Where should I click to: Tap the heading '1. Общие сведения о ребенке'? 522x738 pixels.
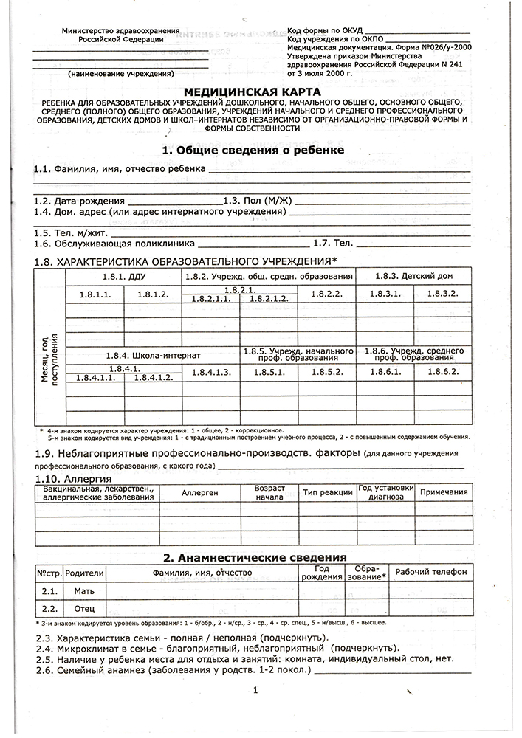[253, 150]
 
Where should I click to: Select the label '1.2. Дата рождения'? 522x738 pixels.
[80, 201]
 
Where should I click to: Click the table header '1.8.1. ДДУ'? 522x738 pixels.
[123, 276]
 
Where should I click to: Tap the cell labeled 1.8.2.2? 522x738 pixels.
[326, 294]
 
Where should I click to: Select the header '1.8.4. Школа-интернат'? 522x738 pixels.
[153, 355]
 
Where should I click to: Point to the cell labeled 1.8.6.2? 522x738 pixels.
[443, 372]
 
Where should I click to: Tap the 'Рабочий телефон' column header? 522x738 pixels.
[431, 573]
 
